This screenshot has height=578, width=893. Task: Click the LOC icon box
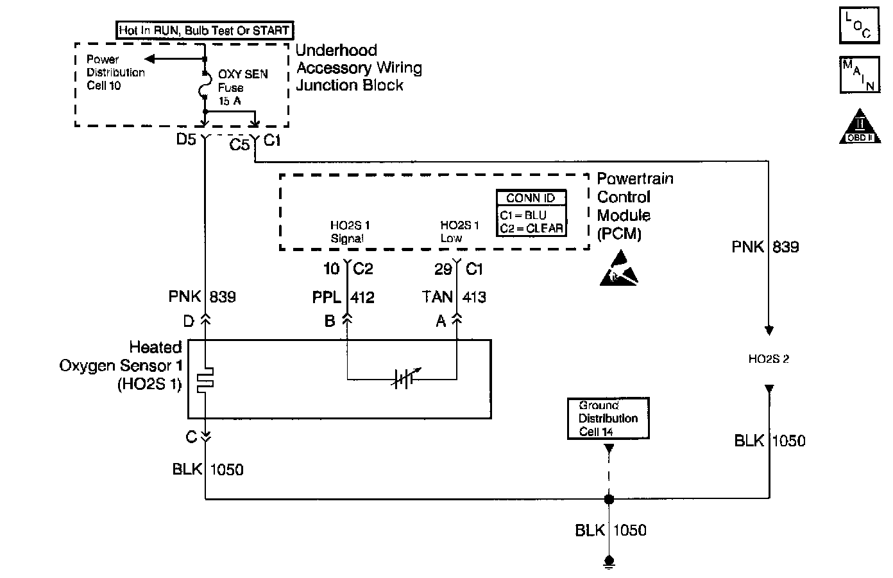click(858, 25)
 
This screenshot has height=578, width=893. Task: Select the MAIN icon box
click(858, 74)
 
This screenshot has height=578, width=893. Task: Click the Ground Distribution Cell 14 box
click(608, 419)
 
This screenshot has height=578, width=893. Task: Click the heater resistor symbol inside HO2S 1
click(205, 381)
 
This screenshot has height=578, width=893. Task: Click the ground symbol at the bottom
click(609, 563)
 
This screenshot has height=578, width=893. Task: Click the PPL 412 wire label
click(343, 297)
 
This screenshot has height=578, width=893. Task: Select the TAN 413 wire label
click(454, 297)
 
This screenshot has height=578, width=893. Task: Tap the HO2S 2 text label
click(769, 359)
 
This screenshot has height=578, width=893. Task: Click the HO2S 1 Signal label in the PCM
click(350, 232)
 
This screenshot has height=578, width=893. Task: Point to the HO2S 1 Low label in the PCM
click(459, 232)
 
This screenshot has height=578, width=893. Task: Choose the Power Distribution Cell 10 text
click(115, 73)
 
